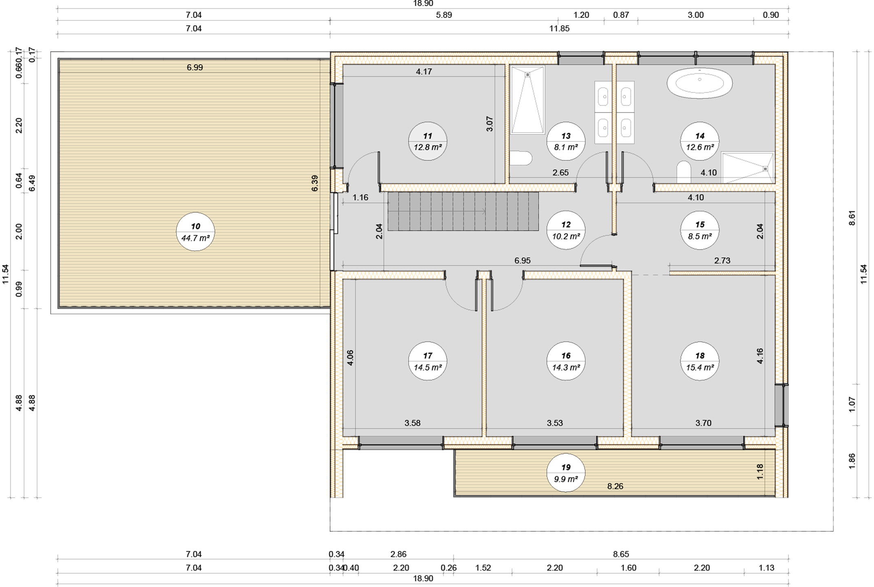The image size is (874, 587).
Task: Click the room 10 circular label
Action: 196,232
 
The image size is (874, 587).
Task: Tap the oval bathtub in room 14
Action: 700,83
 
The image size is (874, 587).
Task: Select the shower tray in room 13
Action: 527,100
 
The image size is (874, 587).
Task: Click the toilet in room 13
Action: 521,158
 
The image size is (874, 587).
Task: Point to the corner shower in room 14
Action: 747,168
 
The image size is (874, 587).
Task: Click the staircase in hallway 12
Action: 463,212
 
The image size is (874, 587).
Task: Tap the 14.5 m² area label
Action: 428,367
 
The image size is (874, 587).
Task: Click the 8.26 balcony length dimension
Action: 615,486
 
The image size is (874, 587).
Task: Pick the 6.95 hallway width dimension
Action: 522,260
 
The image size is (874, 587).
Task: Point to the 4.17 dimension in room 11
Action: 424,71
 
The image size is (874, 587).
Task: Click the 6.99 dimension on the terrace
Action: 195,67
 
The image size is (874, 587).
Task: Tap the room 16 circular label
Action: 566,361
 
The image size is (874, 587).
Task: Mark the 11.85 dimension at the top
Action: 559,29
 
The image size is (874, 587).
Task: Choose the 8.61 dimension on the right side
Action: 852,218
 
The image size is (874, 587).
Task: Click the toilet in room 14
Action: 684,172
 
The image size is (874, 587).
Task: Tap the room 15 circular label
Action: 700,230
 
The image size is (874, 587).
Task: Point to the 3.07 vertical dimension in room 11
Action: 490,124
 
